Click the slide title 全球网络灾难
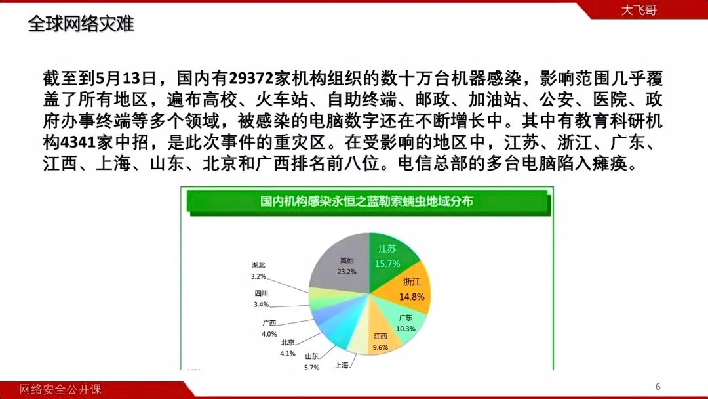coord(81,24)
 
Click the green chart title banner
coord(366,201)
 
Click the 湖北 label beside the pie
coord(258,265)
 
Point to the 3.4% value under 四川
coord(261,304)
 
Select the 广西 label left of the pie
coord(269,323)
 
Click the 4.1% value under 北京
coord(288,353)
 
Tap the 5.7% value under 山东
coord(311,367)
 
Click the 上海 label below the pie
coord(342,365)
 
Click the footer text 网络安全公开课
coord(60,390)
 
